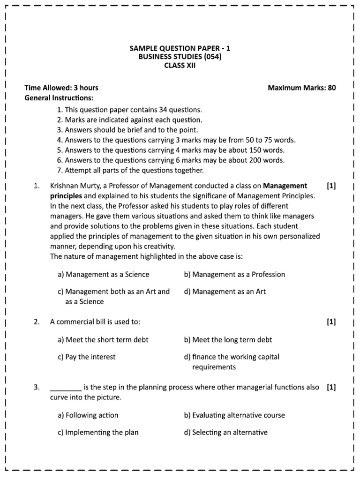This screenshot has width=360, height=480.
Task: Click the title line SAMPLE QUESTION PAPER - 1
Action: click(x=180, y=48)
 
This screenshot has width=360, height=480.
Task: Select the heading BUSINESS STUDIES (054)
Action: click(x=180, y=57)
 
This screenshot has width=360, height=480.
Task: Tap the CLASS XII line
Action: click(x=180, y=66)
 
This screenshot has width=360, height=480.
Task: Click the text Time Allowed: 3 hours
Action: click(x=61, y=88)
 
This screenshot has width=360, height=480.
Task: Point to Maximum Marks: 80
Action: click(x=301, y=88)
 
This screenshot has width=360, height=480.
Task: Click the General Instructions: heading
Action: click(x=59, y=98)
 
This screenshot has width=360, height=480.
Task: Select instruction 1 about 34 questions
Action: click(x=129, y=110)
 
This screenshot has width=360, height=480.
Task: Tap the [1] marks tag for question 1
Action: click(x=331, y=186)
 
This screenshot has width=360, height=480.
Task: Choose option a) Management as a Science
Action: click(x=104, y=274)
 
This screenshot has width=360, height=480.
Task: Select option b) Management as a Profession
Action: click(x=234, y=274)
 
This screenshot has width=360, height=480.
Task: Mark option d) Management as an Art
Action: click(x=225, y=291)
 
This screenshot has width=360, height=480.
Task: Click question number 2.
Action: click(x=37, y=322)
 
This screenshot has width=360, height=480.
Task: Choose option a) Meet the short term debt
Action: click(x=103, y=339)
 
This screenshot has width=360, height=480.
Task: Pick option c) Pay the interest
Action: click(x=87, y=357)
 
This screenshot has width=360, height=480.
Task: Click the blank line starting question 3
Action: click(x=66, y=388)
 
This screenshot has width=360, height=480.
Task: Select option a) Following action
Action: click(x=88, y=415)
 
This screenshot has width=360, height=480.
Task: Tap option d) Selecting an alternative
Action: click(x=226, y=432)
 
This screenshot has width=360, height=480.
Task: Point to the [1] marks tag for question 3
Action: click(x=331, y=387)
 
